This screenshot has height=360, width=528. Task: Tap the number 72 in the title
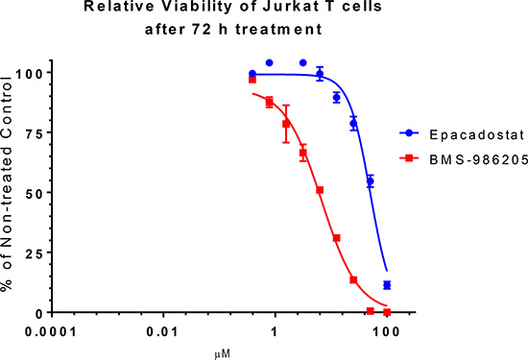[x=202, y=30]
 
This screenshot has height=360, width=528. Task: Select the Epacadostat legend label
[x=476, y=134]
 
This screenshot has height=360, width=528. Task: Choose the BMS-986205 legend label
[x=478, y=160]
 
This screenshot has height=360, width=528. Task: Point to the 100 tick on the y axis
[x=31, y=73]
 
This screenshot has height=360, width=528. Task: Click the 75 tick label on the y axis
[x=35, y=132]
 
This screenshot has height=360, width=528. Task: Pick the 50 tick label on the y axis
[x=35, y=193]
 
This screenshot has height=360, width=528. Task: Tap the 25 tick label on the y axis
[x=35, y=252]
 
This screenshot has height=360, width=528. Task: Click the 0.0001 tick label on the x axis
[x=52, y=332]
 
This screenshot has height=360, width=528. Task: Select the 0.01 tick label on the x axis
[x=162, y=332]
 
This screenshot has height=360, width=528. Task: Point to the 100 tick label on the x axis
[x=386, y=332]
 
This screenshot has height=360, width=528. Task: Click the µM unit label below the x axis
[x=223, y=354]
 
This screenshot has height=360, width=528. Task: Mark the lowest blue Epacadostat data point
[x=387, y=285]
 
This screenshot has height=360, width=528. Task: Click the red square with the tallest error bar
[x=286, y=124]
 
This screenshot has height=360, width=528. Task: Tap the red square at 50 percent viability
[x=320, y=190]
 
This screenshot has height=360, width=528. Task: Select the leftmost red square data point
[x=252, y=80]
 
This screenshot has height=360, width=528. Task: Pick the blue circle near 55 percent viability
[x=370, y=181]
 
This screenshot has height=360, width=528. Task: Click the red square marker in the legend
[x=409, y=157]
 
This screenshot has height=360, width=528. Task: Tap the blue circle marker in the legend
[x=409, y=133]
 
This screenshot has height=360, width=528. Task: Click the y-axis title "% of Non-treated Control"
[x=7, y=183]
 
